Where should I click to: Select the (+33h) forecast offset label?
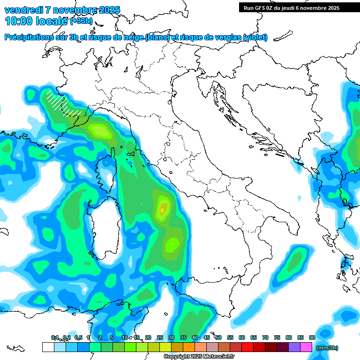point(81,21)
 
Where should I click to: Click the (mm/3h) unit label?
point(327,348)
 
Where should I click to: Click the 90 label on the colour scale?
point(312,337)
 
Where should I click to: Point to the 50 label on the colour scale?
point(218,337)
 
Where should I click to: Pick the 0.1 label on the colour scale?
point(55,337)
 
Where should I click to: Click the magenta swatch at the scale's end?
point(306,347)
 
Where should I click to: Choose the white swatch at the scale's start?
point(48,347)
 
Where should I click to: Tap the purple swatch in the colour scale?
point(294,347)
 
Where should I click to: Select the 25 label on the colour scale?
point(160,337)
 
